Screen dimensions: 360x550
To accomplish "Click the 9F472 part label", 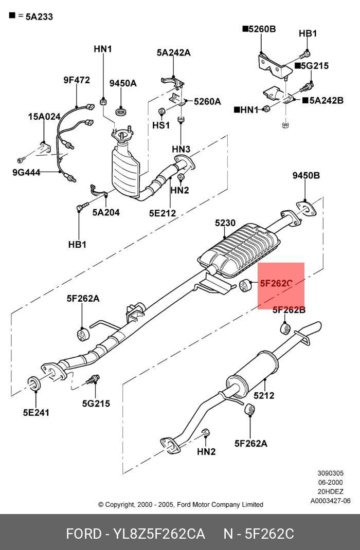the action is click(x=77, y=80).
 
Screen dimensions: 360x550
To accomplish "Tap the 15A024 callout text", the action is click(x=44, y=117).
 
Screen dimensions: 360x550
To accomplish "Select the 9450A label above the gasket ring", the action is click(x=123, y=83).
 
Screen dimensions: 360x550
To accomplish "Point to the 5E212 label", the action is click(x=163, y=213).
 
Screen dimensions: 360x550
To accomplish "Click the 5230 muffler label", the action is click(x=225, y=223).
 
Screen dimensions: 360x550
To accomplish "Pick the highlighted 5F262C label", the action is click(x=276, y=283).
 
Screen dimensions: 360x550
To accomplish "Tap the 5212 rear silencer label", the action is click(x=264, y=395).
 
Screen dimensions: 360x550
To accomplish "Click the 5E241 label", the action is click(x=36, y=412).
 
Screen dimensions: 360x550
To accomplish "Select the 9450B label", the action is click(x=307, y=175).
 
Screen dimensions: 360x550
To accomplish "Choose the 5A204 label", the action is click(x=106, y=212).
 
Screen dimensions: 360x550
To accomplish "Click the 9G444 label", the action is click(x=26, y=172).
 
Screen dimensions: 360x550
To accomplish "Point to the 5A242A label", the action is click(x=174, y=52).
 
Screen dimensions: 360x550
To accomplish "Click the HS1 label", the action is click(x=161, y=125).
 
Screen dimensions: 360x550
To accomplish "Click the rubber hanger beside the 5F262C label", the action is click(x=244, y=285).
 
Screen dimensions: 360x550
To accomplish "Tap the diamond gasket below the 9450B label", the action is click(x=305, y=208).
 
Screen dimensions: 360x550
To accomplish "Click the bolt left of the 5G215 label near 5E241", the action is click(x=93, y=379).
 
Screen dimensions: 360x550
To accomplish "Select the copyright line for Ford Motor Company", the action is click(x=181, y=504).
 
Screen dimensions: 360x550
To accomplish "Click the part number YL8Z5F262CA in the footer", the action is click(x=159, y=534).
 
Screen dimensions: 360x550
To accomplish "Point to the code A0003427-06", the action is click(x=330, y=501).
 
